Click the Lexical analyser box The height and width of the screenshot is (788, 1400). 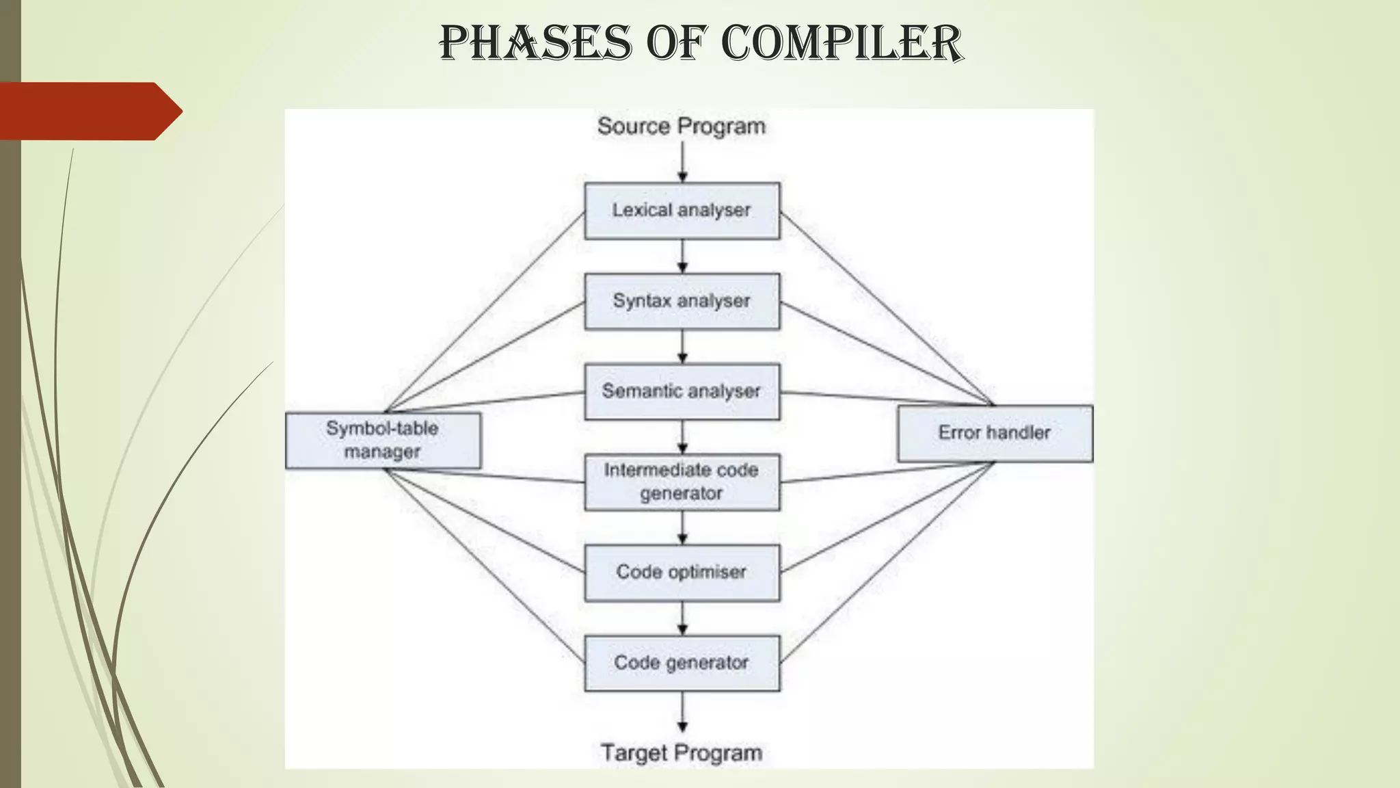(682, 211)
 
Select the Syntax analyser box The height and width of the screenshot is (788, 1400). (682, 302)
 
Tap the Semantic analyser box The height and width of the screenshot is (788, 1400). (682, 391)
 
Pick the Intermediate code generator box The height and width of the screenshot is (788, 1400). (682, 482)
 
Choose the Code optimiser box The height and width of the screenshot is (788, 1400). (682, 573)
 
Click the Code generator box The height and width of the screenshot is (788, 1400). (682, 663)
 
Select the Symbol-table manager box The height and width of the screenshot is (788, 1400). (383, 440)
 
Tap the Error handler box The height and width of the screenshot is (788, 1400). (995, 433)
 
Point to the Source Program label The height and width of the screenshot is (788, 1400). (682, 127)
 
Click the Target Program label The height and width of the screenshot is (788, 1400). (682, 752)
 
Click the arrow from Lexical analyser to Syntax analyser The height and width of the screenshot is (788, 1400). (682, 257)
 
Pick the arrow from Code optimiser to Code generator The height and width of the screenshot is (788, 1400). (682, 619)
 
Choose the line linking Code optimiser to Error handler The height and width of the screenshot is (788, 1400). (887, 517)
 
